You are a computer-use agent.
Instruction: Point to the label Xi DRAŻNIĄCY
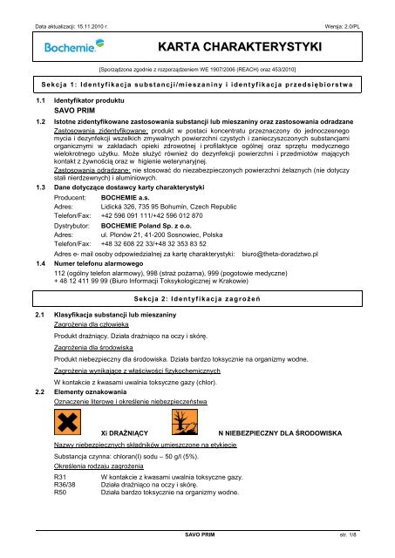click(126, 433)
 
